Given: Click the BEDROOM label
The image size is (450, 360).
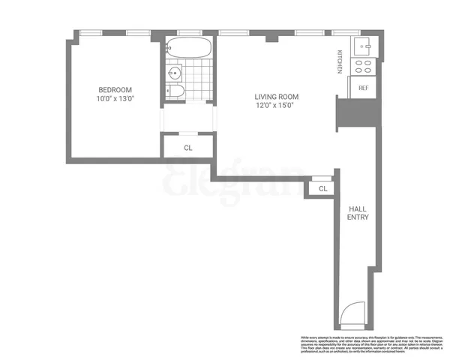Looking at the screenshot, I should click(x=113, y=88).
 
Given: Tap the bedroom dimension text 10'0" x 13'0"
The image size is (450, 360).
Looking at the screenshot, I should click(x=113, y=98).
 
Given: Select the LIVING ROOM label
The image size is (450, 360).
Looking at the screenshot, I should click(x=277, y=96).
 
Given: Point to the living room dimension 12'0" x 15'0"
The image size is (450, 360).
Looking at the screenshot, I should click(x=277, y=106).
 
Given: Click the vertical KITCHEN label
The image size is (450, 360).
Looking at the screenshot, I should click(x=339, y=61).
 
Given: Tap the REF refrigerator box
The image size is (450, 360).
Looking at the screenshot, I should click(x=364, y=88).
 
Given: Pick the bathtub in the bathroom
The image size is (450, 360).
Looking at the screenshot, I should click(x=189, y=48).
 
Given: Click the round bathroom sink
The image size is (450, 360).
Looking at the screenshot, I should click(x=174, y=73).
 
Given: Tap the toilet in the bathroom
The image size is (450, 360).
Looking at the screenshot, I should click(x=174, y=91).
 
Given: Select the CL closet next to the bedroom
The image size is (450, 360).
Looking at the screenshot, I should click(x=187, y=148).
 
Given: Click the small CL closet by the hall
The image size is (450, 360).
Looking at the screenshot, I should click(x=322, y=189).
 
